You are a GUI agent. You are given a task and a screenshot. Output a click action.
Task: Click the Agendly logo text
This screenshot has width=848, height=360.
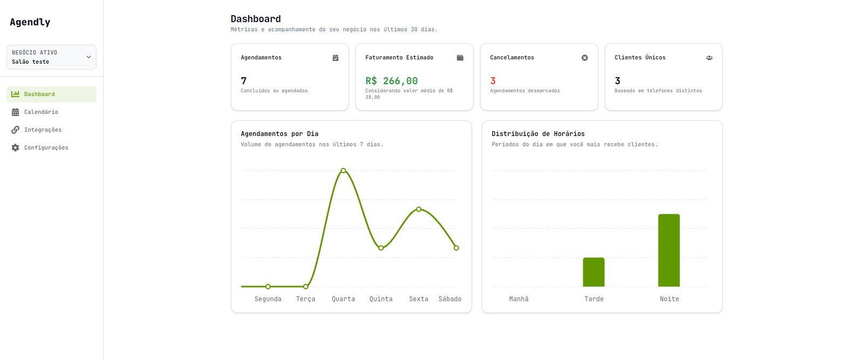30,22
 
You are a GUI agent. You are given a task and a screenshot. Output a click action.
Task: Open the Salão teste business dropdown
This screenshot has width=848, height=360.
51,57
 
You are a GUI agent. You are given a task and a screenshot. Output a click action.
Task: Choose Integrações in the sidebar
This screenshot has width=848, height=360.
43,130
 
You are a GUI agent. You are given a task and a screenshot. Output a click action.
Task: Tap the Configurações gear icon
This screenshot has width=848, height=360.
15,148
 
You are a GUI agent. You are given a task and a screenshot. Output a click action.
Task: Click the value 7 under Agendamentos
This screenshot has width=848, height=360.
244,81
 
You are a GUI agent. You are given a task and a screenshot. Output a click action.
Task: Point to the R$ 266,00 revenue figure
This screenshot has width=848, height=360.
392,81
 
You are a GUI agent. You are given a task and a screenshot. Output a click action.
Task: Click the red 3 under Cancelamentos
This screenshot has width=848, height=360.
493,81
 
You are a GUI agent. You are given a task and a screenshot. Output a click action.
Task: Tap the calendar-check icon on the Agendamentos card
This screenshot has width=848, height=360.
336,58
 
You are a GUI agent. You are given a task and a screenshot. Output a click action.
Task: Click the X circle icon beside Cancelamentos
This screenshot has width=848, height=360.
585,58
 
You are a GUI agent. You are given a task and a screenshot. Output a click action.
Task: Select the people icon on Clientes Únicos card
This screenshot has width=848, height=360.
709,58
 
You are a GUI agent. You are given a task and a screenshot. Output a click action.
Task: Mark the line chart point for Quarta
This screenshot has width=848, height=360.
344,171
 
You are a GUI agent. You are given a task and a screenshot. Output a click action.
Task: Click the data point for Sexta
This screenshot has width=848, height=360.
419,209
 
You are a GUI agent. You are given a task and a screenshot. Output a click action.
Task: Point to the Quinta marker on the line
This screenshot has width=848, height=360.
381,248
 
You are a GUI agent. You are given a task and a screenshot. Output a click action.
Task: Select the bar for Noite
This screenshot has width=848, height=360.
669,250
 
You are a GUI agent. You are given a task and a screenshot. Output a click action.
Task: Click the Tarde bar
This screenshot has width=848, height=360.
594,272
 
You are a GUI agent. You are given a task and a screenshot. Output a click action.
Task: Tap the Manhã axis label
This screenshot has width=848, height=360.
519,299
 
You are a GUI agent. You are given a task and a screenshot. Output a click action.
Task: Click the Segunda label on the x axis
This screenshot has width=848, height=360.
268,299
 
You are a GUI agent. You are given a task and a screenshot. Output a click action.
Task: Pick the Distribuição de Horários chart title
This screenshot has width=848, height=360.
538,134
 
